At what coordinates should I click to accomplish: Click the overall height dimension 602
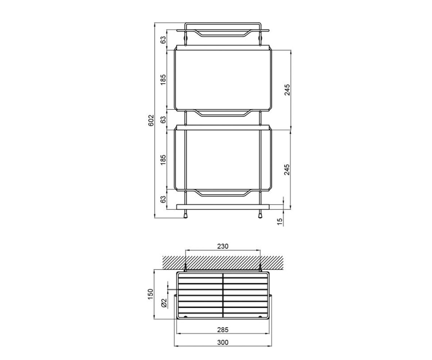151,120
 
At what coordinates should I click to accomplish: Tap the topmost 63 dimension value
163,40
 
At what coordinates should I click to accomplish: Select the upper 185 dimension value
163,80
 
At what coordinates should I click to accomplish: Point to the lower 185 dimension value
163,160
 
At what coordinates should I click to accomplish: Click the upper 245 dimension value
287,90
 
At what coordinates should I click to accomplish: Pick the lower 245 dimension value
287,170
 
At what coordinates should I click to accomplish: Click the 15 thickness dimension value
280,222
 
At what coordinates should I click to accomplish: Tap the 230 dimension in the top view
223,246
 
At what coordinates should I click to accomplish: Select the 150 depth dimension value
150,294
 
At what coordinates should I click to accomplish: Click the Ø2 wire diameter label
164,303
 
